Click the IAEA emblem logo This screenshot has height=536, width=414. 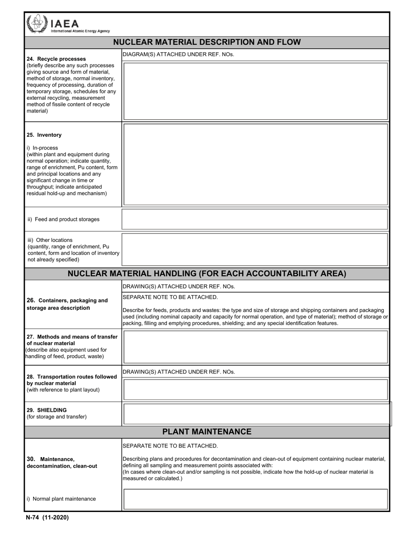click(36, 24)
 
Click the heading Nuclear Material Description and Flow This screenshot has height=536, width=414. click(207, 42)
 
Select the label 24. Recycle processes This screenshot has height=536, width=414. click(56, 59)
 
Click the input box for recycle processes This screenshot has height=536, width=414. click(255, 91)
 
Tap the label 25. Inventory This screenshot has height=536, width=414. click(44, 135)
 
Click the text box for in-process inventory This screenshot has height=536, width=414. click(255, 164)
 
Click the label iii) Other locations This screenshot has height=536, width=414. click(50, 240)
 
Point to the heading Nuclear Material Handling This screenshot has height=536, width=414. click(207, 274)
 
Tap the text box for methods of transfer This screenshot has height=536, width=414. click(255, 347)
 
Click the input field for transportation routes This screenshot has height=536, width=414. click(255, 389)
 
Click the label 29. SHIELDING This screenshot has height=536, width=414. click(47, 410)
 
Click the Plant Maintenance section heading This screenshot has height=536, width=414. click(207, 432)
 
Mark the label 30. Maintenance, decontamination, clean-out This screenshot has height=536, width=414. click(62, 462)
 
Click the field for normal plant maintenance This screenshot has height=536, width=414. click(255, 499)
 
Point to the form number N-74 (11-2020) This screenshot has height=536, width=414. click(47, 518)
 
